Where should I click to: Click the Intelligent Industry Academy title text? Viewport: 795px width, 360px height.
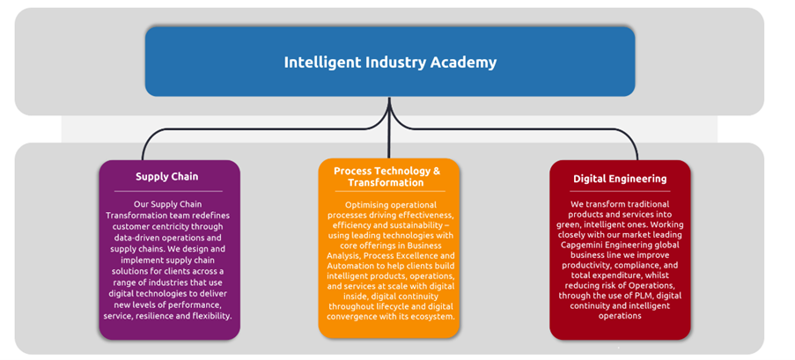[x=390, y=62]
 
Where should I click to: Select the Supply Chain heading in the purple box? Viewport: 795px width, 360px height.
[x=166, y=176]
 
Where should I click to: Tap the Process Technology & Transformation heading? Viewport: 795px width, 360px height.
[x=386, y=176]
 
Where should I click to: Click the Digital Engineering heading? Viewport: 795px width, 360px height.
[x=620, y=179]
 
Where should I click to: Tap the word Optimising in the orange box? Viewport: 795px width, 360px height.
[x=365, y=205]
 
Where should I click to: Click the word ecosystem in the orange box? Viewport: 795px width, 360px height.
[x=432, y=316]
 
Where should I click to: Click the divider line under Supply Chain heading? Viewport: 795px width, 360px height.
[x=168, y=191]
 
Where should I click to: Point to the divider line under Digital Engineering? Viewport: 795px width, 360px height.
[x=620, y=191]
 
